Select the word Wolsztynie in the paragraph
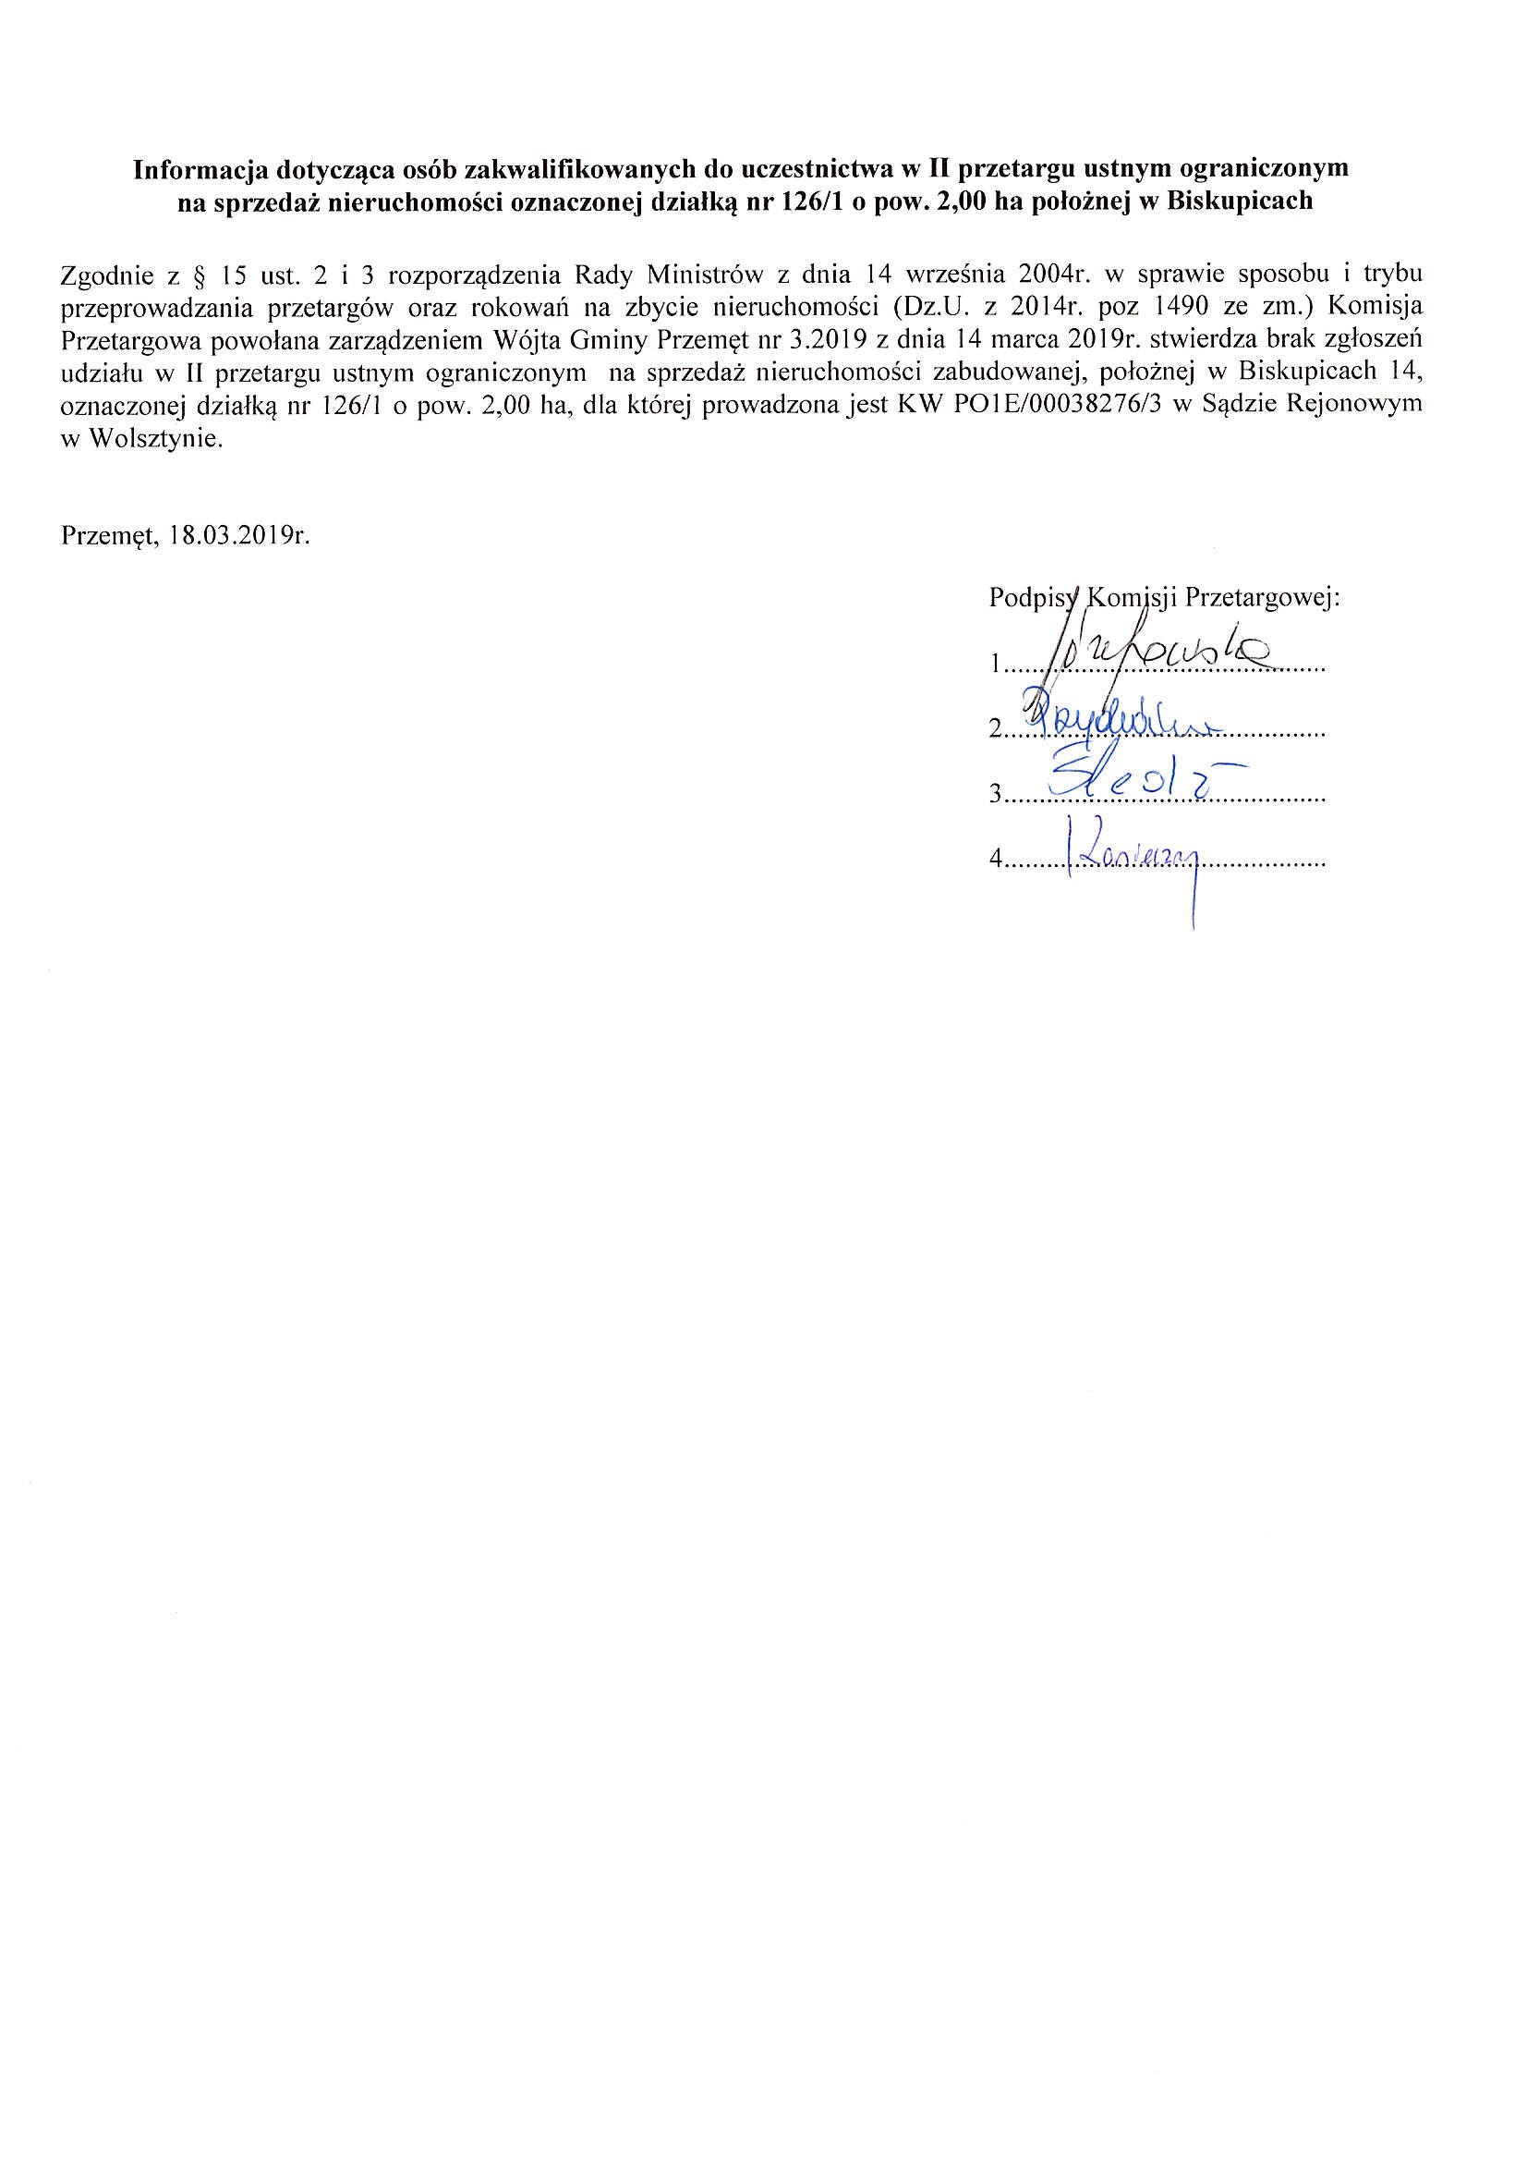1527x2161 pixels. (x=156, y=439)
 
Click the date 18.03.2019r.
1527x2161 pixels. (x=240, y=536)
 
